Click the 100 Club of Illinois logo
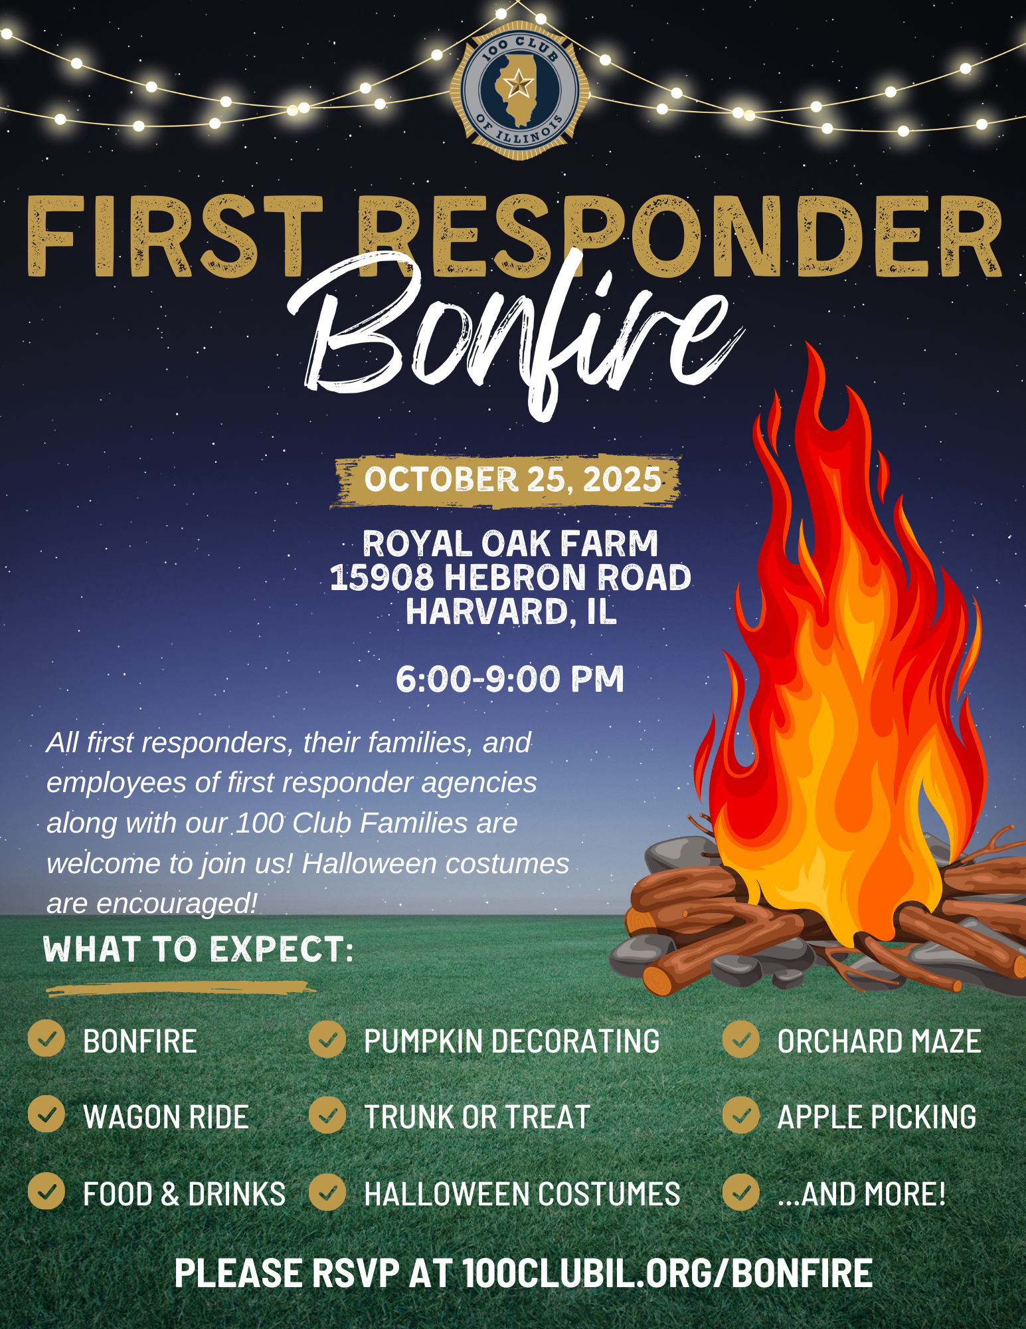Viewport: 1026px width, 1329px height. (x=519, y=90)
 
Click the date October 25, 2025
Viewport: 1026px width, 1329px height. (x=513, y=480)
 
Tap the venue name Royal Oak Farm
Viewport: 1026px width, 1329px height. (x=510, y=544)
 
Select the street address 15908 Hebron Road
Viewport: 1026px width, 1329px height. (x=510, y=577)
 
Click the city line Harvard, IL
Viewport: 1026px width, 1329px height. (x=511, y=611)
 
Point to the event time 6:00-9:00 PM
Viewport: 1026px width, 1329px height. (x=510, y=679)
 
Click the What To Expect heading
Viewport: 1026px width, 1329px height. (x=198, y=949)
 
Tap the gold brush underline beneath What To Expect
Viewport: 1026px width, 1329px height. (x=181, y=989)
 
